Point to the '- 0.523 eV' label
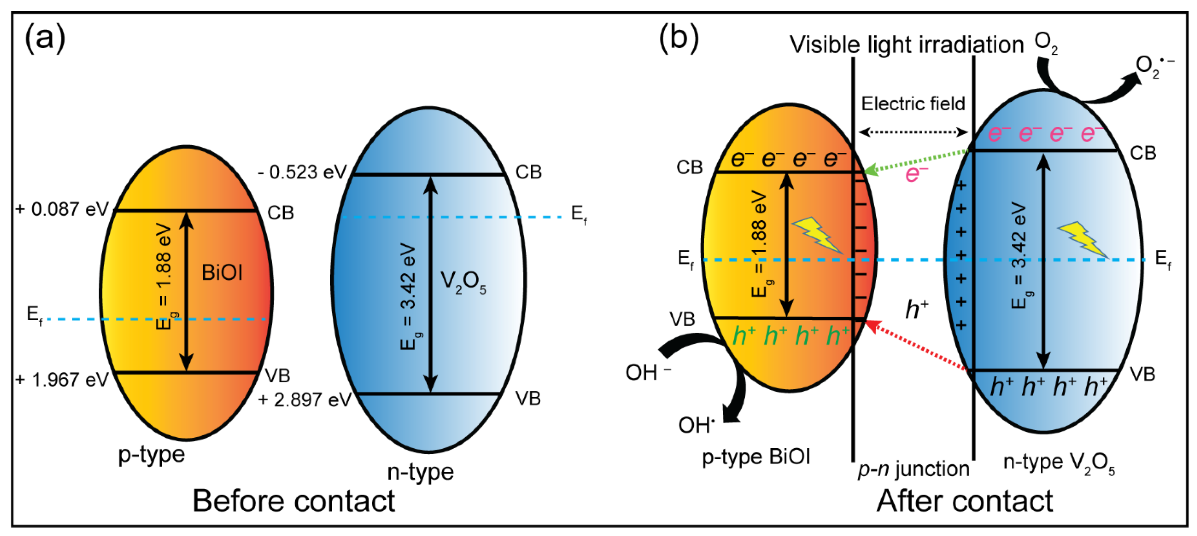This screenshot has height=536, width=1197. [x=302, y=172]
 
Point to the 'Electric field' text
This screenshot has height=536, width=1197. [x=913, y=104]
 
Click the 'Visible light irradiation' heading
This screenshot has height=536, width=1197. [x=907, y=45]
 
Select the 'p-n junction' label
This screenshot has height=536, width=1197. [x=913, y=469]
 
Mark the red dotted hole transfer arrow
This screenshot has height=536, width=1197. [x=918, y=346]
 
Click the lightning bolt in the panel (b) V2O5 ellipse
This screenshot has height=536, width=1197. [x=1083, y=239]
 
